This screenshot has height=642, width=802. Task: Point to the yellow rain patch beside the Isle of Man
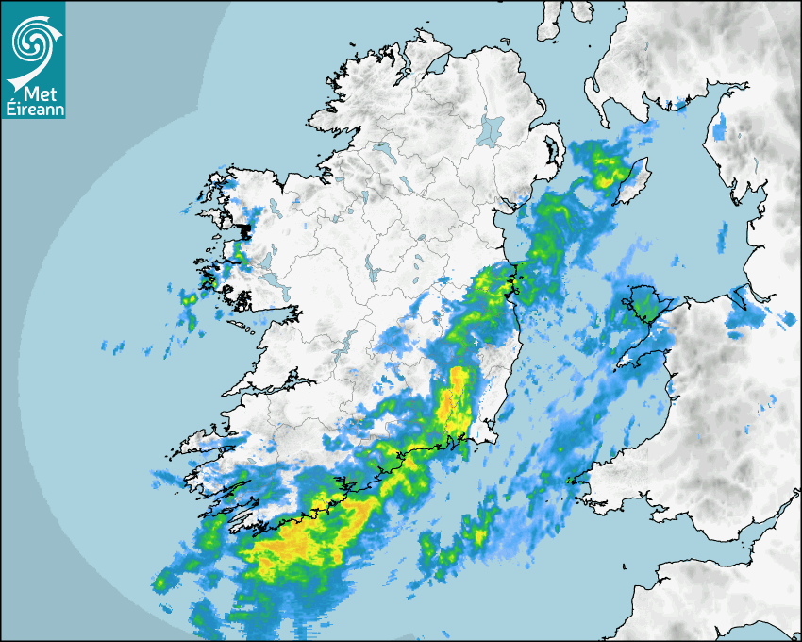click(608, 170)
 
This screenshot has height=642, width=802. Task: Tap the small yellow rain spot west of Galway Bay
click(188, 299)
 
